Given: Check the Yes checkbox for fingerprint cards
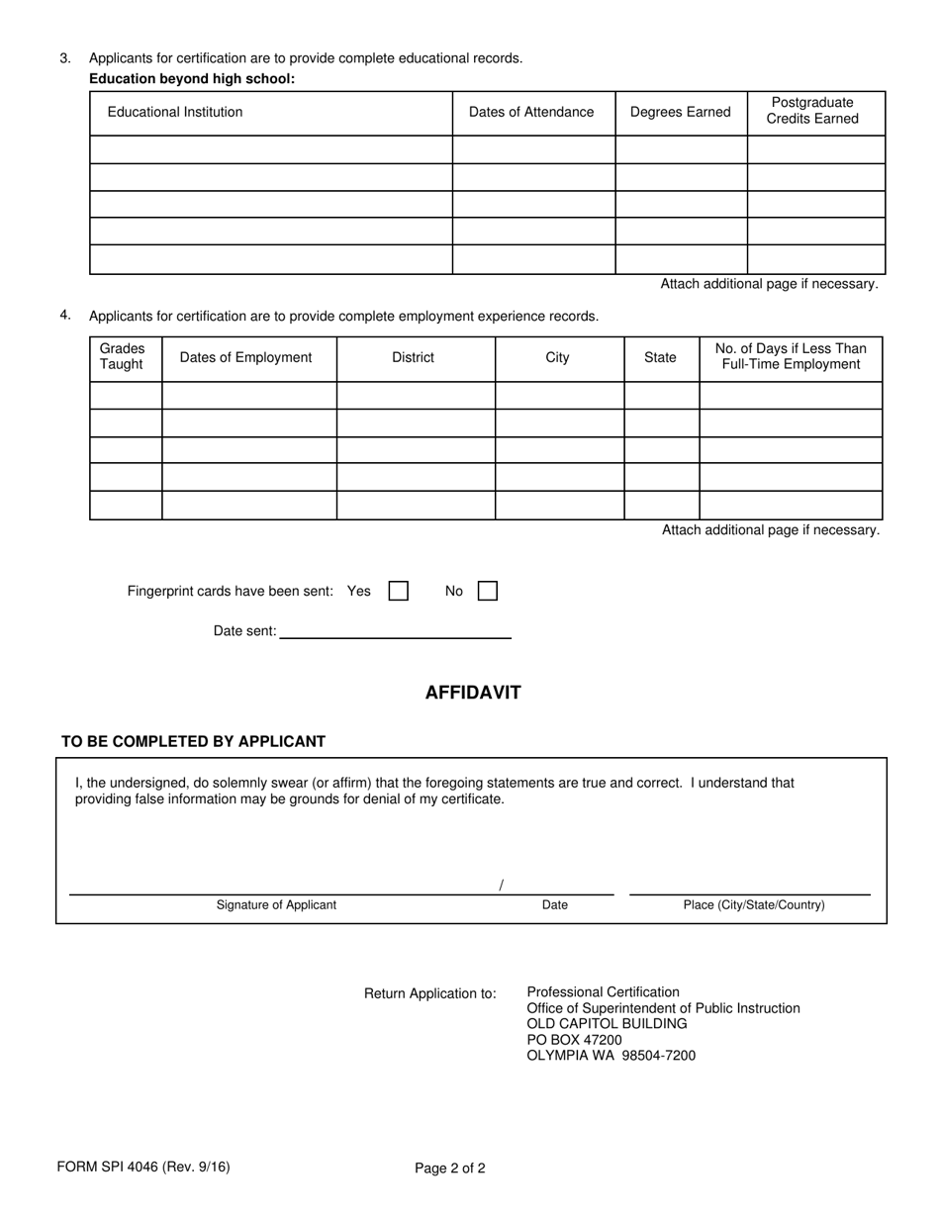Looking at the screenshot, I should [399, 591].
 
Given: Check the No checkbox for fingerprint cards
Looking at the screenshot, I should [487, 591].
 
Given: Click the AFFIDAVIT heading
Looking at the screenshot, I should [472, 693].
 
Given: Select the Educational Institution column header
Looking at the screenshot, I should [175, 112].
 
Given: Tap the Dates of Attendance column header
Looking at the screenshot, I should [531, 112].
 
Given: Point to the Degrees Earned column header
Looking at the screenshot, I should [680, 112].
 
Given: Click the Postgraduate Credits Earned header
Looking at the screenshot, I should [812, 111].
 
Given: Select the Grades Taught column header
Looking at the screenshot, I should [122, 356].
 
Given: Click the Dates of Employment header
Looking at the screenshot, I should [245, 357].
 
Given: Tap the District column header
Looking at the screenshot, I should [413, 357].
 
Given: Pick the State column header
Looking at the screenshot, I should [660, 357].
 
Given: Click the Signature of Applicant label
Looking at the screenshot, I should [276, 904].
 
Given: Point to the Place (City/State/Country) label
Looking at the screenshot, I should [754, 904].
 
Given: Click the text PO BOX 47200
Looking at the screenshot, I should [574, 1040].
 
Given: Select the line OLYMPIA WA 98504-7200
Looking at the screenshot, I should [611, 1056].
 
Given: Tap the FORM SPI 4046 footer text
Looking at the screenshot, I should [143, 1167].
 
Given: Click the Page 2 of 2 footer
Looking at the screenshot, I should [450, 1169].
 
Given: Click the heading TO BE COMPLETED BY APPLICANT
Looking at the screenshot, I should [193, 741].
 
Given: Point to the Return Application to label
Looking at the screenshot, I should [430, 993].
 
